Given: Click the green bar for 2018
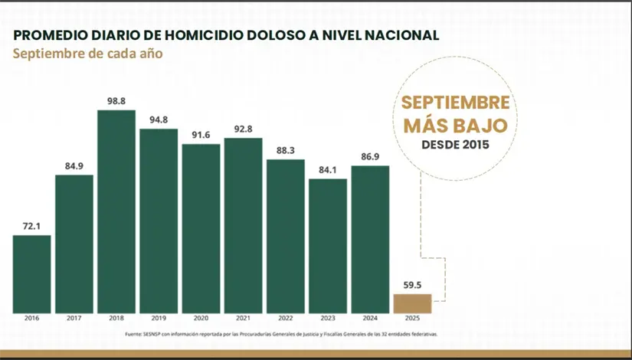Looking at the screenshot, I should click(x=116, y=211).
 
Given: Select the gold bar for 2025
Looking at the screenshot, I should click(x=412, y=303).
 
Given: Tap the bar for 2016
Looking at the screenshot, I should click(x=32, y=273).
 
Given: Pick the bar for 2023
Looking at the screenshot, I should click(x=328, y=246).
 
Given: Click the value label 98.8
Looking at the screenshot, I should click(x=116, y=100).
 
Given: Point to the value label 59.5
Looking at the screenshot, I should click(x=412, y=283).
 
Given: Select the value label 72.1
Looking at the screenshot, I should click(x=32, y=225).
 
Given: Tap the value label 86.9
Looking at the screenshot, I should click(x=370, y=156).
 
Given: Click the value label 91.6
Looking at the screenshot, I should click(x=201, y=134).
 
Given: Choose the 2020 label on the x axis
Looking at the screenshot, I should click(x=201, y=319).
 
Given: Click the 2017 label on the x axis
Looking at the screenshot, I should click(x=74, y=319).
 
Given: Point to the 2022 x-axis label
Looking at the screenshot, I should click(x=286, y=319).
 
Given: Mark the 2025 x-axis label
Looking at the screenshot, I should click(x=412, y=319).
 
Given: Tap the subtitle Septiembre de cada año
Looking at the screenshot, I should click(x=88, y=54).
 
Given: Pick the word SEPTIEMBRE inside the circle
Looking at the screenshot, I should click(x=455, y=103).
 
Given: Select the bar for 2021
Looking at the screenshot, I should click(x=243, y=225).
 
